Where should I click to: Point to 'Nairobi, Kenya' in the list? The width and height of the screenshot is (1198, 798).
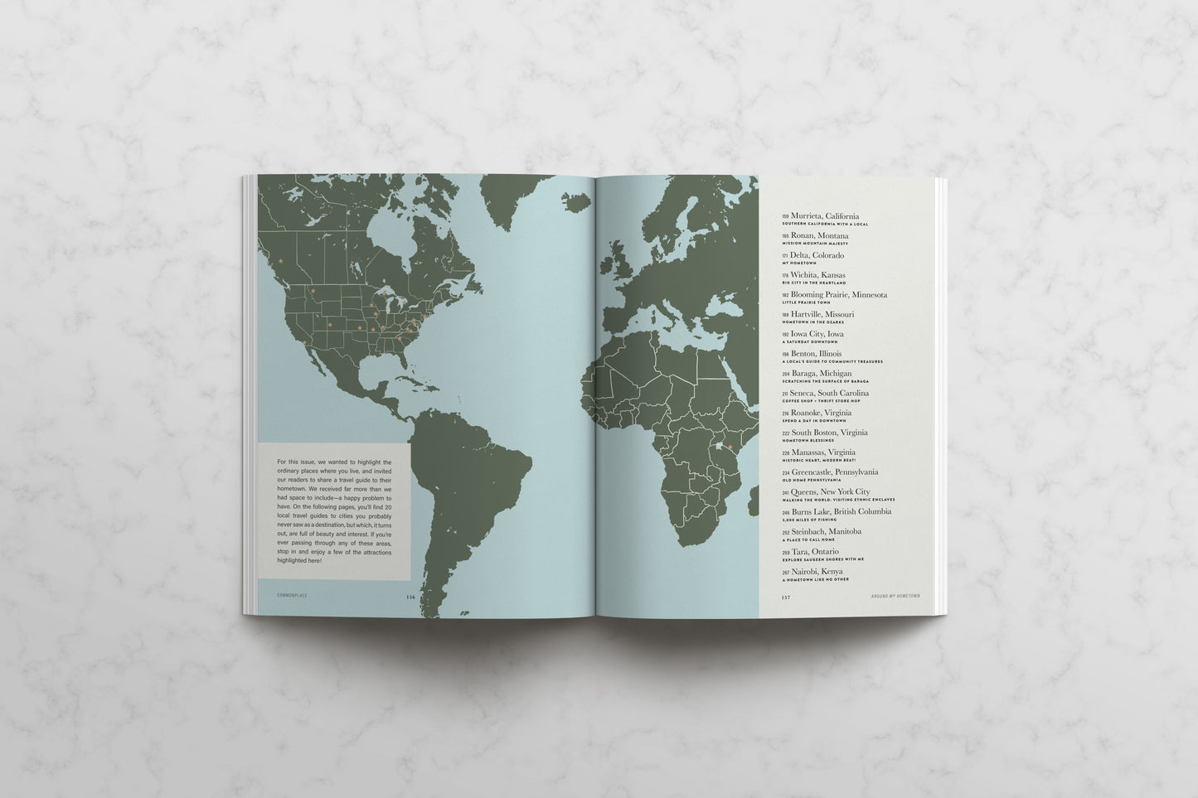click(818, 571)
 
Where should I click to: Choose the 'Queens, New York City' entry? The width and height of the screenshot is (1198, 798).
click(830, 492)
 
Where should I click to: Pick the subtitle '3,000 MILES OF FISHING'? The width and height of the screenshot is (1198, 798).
click(809, 520)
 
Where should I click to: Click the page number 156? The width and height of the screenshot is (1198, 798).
click(410, 596)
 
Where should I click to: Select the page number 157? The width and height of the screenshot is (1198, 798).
click(786, 596)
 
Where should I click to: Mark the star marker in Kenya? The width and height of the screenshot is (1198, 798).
click(730, 448)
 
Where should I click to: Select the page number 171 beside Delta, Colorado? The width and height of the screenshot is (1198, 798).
click(785, 256)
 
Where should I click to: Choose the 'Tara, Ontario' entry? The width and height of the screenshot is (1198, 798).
click(814, 551)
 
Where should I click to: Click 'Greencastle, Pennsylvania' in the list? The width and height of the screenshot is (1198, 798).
click(834, 472)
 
